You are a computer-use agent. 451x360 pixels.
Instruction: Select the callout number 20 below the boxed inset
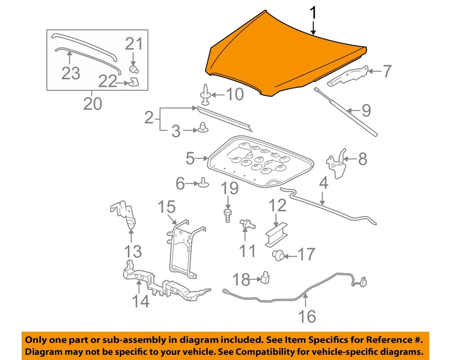[93, 103]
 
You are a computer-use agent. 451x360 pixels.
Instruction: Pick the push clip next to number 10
[205, 95]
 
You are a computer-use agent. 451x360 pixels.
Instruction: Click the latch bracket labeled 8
[336, 164]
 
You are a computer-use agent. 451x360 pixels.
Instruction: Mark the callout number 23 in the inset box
[70, 73]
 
